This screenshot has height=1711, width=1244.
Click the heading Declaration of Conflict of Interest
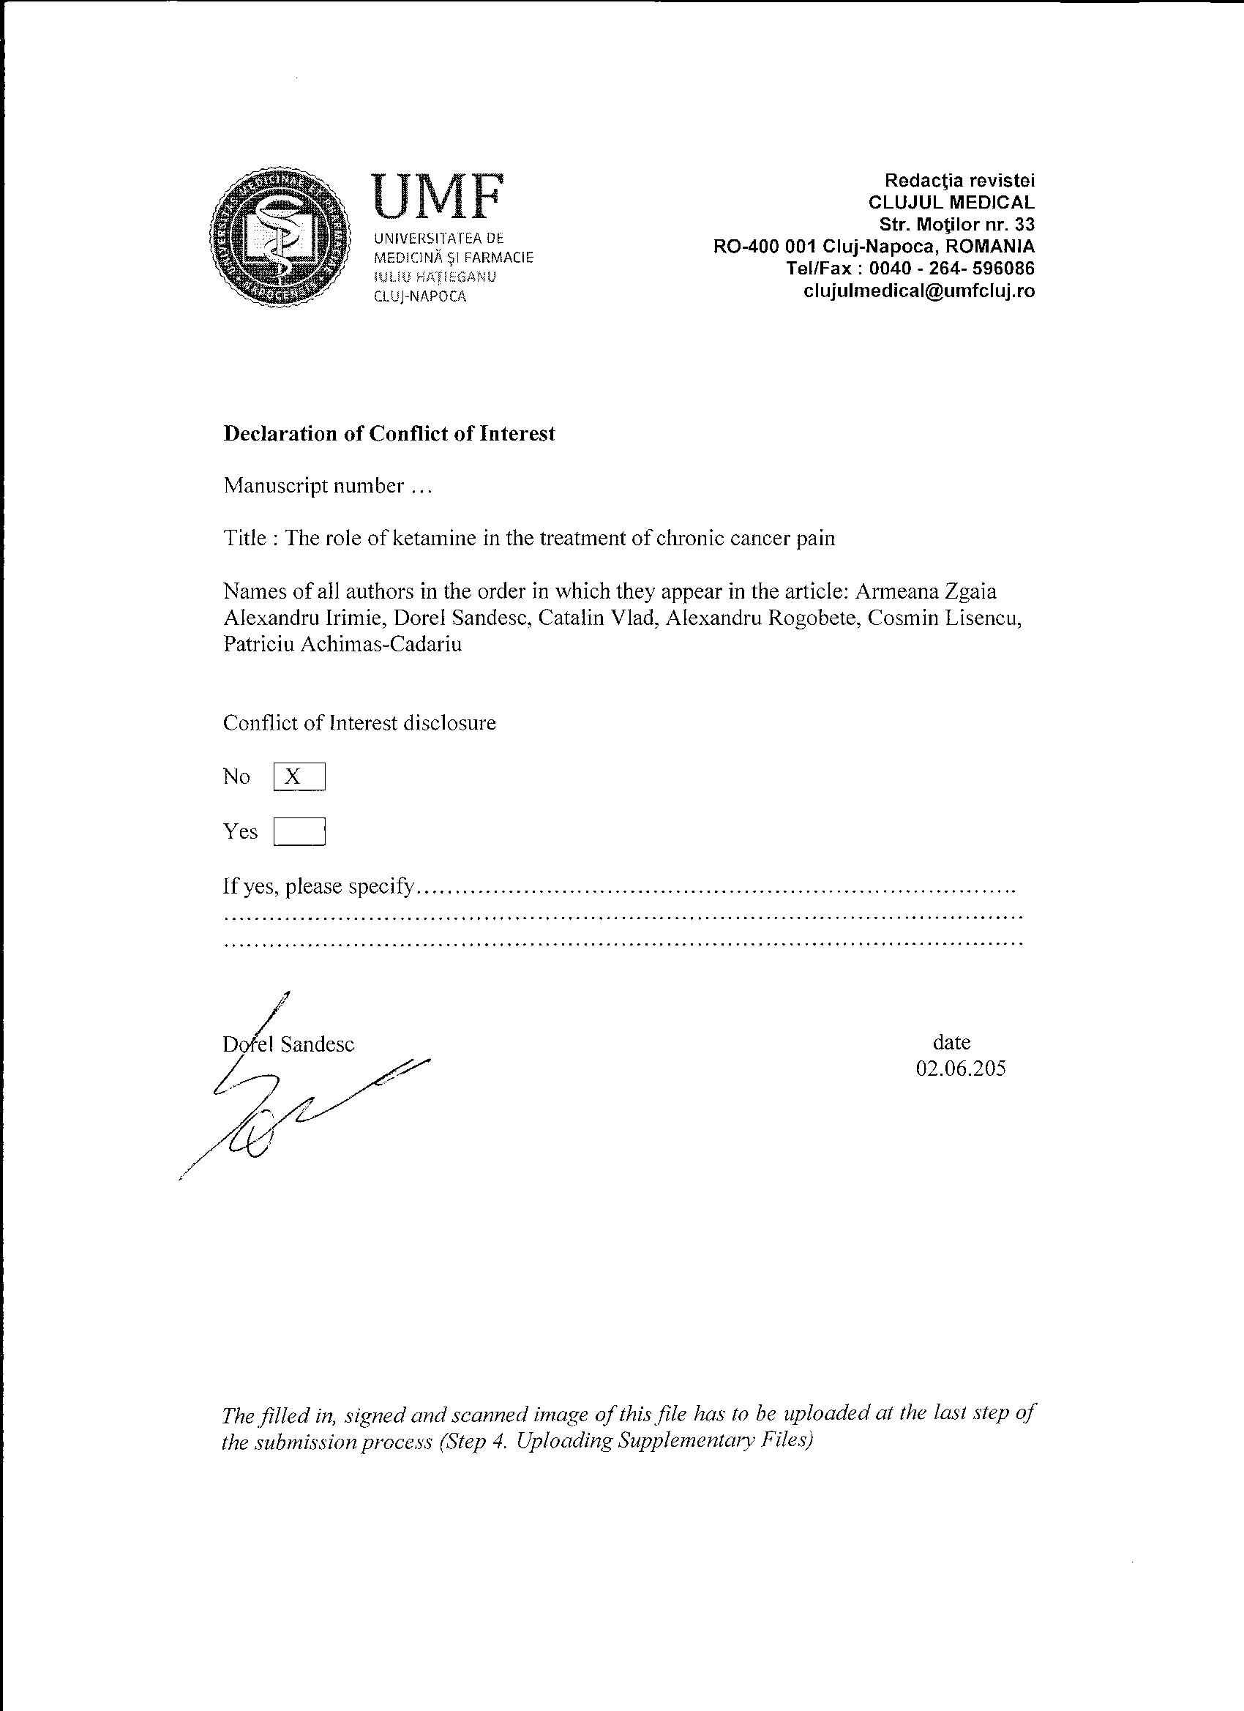pos(389,434)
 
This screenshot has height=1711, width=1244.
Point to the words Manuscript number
pos(314,486)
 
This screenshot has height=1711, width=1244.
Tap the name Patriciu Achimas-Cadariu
pos(342,644)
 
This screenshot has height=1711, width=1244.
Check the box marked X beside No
pos(299,776)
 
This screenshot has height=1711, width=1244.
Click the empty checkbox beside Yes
pos(299,831)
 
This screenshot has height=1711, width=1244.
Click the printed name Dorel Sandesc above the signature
pos(289,1044)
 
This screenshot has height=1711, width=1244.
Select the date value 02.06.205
pos(960,1068)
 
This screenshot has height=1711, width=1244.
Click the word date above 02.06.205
pos(951,1043)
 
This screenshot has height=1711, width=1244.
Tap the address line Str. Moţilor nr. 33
pos(956,225)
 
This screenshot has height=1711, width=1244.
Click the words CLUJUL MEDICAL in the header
pos(951,202)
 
